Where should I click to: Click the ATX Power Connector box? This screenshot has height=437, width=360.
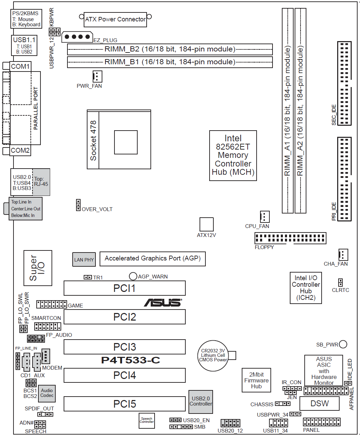pos(116,19)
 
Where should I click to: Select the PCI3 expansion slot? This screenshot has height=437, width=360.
pos(124,347)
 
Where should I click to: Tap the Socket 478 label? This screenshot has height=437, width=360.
pos(93,140)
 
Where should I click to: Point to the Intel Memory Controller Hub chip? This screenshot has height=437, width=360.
pos(233,155)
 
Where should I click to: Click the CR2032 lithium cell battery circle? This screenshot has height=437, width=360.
pos(213,355)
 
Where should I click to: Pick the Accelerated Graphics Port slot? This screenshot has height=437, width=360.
pos(153,259)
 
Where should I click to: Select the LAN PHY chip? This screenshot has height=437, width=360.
pos(84,259)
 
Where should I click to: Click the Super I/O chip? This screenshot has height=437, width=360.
pos(38,268)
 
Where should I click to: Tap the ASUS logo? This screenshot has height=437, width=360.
pos(163,303)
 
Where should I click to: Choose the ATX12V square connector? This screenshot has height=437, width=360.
pos(206,225)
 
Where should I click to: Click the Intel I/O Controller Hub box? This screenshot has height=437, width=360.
pos(306,288)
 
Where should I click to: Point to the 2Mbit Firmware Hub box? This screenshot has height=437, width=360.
pos(256,380)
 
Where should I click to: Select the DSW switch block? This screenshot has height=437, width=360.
pos(319,403)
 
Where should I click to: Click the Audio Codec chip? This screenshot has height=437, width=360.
pos(47,393)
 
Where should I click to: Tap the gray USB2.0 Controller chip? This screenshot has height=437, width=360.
pos(201,401)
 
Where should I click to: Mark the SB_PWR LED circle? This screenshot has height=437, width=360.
pos(343,344)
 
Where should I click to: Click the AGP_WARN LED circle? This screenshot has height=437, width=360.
pos(133,276)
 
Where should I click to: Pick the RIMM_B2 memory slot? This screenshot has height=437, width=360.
pos(170,49)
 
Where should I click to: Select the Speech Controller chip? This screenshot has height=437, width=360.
pos(147,420)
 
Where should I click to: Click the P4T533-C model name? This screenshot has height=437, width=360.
pos(130,360)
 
